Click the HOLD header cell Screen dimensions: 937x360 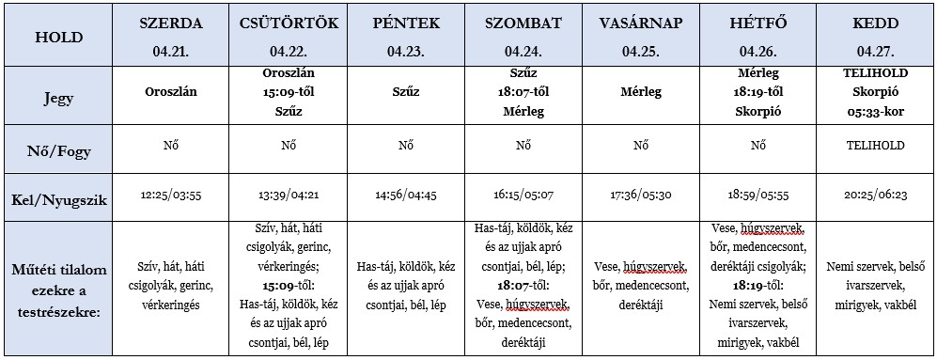pos(58,38)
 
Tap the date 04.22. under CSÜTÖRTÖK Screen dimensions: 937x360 pos(289,51)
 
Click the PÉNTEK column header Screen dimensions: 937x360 pos(405,23)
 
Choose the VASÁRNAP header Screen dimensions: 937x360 pos(640,23)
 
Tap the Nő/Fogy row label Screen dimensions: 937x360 pos(58,146)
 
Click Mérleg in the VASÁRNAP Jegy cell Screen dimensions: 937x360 pos(640,92)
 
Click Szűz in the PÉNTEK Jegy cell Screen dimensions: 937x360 pos(405,92)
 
